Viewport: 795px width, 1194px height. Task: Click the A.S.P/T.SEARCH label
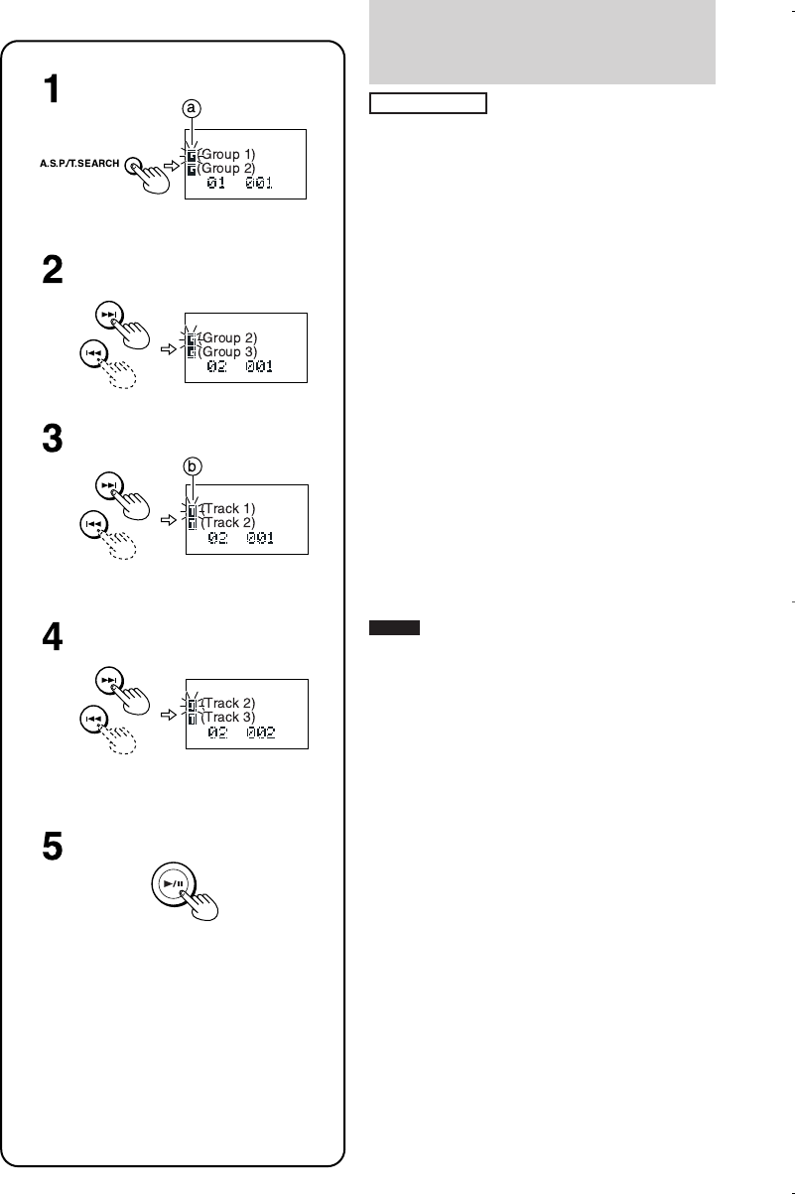(x=80, y=163)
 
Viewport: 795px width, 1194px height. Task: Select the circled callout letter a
(x=193, y=109)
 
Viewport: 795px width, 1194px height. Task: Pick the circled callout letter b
(x=193, y=464)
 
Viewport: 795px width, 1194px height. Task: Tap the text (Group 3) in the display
(x=229, y=351)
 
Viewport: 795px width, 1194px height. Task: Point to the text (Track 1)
(x=227, y=509)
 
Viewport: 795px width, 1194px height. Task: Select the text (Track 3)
(x=227, y=717)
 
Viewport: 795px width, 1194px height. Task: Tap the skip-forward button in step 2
(x=106, y=315)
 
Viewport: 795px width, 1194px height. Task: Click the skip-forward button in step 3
(x=106, y=486)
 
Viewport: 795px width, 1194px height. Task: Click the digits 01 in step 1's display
(x=217, y=184)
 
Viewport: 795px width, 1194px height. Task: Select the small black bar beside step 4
(x=395, y=628)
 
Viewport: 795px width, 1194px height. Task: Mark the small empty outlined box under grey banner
(x=428, y=103)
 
